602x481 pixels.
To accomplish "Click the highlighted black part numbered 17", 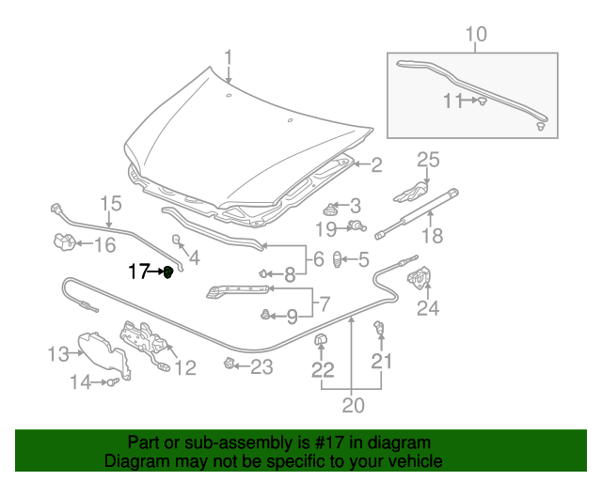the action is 168,272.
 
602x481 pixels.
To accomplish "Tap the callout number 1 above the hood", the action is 229,58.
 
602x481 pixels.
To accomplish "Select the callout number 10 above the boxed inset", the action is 476,34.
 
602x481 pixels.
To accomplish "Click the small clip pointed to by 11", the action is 483,101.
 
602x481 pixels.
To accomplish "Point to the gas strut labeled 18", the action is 417,214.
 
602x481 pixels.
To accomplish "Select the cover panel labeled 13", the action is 104,355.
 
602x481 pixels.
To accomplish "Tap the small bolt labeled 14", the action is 113,381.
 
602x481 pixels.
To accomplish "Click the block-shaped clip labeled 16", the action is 64,241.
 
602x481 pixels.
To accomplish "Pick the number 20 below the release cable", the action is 354,405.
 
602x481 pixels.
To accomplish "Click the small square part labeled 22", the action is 321,339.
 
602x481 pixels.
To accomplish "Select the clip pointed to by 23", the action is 229,363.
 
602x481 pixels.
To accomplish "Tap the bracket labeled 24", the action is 420,276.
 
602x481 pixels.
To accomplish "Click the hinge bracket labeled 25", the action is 410,193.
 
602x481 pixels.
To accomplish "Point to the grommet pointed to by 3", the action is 328,210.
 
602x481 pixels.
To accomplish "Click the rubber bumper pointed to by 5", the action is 337,259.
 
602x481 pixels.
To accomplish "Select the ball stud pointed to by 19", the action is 357,225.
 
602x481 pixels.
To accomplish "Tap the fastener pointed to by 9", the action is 265,315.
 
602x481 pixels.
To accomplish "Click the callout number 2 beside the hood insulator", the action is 376,165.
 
